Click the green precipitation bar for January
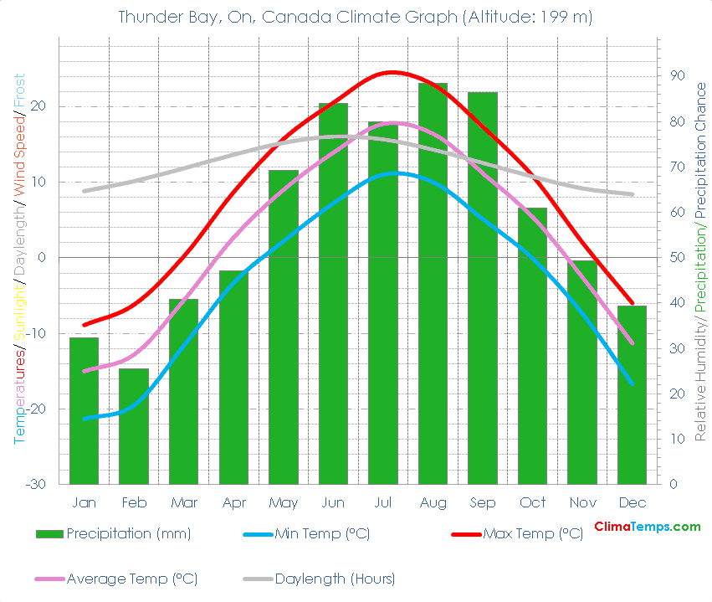(x=84, y=410)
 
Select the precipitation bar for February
(x=134, y=426)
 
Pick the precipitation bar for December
(x=632, y=394)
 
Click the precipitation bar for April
(x=233, y=377)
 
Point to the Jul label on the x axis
(x=382, y=502)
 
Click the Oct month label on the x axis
(x=532, y=502)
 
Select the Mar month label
(x=183, y=502)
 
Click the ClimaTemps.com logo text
(x=647, y=527)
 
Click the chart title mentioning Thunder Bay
(x=356, y=17)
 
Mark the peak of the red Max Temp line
(x=392, y=72)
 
